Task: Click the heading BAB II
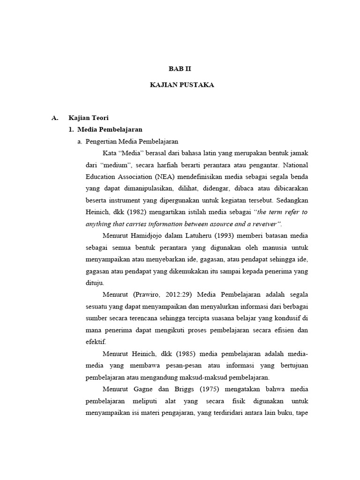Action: point(180,68)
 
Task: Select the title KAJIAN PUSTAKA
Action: point(180,85)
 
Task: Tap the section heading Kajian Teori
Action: point(89,118)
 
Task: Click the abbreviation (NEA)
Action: point(161,177)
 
